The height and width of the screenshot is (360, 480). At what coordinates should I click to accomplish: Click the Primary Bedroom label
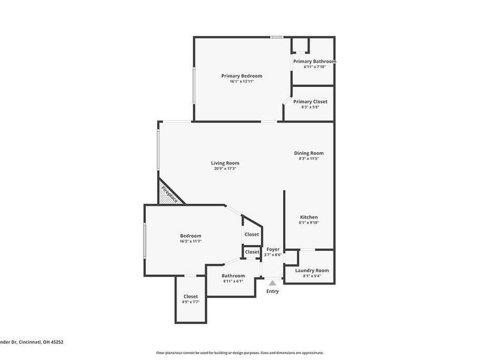(241, 76)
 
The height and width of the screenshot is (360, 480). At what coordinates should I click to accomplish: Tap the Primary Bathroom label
(314, 61)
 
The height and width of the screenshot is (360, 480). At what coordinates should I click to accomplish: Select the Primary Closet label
(310, 101)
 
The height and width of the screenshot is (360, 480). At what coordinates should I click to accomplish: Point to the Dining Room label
(308, 153)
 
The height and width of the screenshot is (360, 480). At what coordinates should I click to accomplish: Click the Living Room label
(225, 163)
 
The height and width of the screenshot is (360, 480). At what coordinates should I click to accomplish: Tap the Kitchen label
(309, 217)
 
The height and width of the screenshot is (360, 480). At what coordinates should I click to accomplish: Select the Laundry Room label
(312, 271)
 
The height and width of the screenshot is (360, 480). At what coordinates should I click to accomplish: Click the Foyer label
(273, 249)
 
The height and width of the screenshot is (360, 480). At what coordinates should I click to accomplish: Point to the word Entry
(272, 292)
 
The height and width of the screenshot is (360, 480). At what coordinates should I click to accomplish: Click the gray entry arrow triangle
(272, 282)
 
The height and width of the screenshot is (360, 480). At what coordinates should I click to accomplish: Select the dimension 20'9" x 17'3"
(225, 169)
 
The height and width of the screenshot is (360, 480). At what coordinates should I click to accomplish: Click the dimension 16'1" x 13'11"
(241, 82)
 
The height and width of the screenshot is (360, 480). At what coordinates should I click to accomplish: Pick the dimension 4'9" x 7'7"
(191, 302)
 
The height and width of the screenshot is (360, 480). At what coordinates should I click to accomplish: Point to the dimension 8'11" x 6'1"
(233, 281)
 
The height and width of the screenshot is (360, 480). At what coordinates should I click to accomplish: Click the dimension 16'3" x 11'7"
(190, 241)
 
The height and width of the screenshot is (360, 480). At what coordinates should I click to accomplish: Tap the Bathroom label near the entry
(233, 275)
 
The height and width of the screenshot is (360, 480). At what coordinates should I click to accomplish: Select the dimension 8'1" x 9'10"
(309, 223)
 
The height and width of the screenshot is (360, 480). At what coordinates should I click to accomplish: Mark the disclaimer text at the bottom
(240, 353)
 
